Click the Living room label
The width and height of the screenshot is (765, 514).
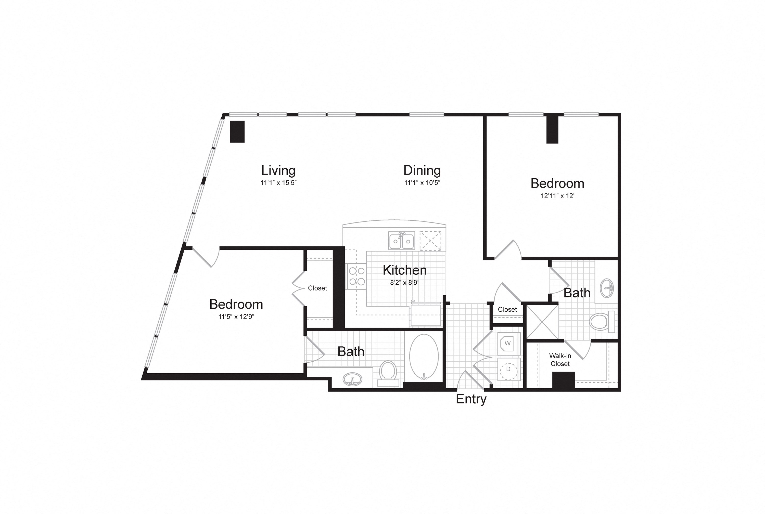(x=278, y=170)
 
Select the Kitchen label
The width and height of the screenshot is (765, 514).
(x=405, y=270)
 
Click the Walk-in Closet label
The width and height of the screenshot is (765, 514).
(x=560, y=360)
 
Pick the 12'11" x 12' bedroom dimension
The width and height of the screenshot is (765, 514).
(x=557, y=196)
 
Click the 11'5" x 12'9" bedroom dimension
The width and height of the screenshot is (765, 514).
(x=236, y=317)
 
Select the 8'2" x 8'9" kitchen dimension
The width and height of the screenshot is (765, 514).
(x=405, y=283)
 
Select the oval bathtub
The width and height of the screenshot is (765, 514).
(x=424, y=357)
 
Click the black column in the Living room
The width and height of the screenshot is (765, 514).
(x=237, y=131)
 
